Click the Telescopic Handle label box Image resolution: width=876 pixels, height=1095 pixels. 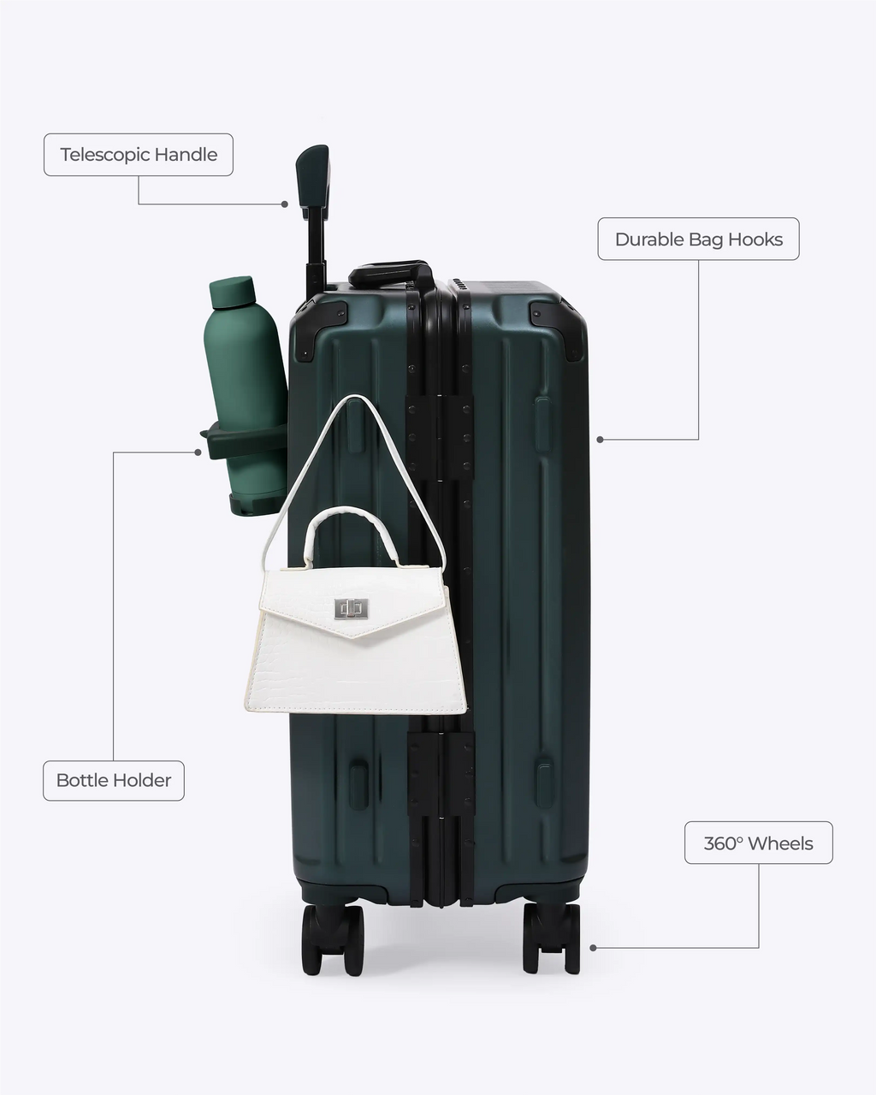point(139,155)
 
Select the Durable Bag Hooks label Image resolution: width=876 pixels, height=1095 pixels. point(698,239)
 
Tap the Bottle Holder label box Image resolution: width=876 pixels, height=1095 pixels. point(114,780)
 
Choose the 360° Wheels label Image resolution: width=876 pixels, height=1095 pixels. point(758,843)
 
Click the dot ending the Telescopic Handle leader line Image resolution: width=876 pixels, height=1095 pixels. point(285,204)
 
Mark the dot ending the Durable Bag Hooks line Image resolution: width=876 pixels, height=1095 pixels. point(601,439)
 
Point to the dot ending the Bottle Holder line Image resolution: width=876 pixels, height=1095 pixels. point(198,452)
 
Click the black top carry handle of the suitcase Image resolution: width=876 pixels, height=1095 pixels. point(390,272)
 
